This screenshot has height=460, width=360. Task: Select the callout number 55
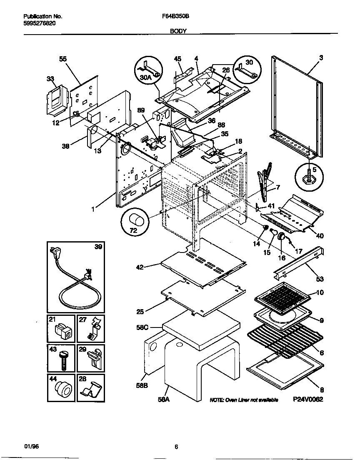pyautogui.click(x=63, y=59)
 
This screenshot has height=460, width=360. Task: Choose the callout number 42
pyautogui.click(x=140, y=267)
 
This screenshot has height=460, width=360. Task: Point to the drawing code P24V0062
pyautogui.click(x=308, y=399)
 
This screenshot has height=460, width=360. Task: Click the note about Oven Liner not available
pyautogui.click(x=244, y=400)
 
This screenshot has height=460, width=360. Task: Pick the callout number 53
pyautogui.click(x=319, y=279)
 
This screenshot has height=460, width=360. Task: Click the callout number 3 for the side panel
pyautogui.click(x=321, y=57)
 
